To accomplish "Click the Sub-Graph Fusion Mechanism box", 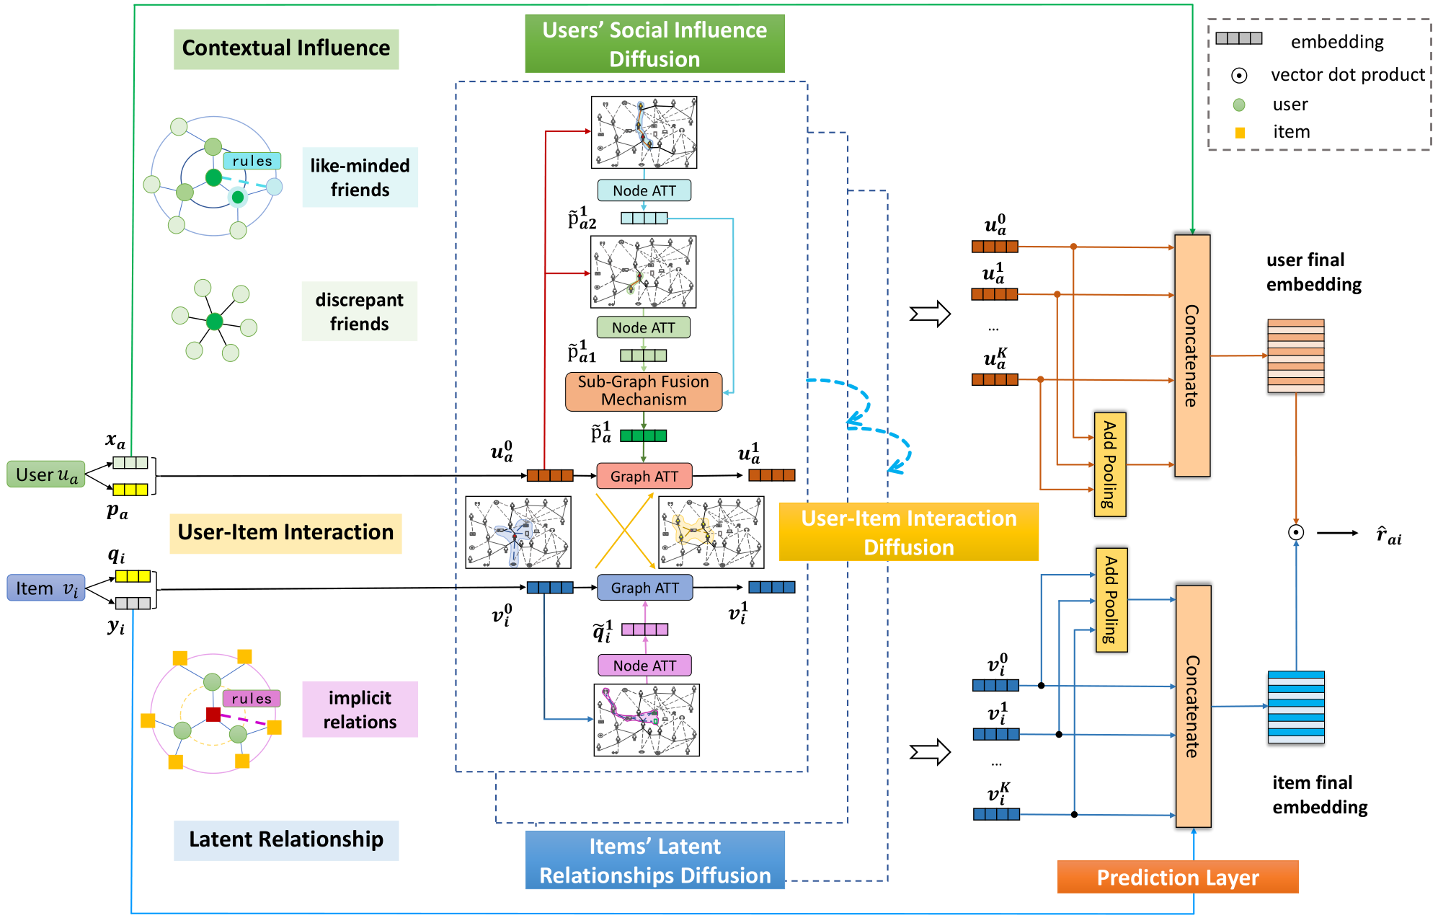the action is [644, 391].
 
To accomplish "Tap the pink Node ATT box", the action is [644, 665].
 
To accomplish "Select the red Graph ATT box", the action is [644, 476].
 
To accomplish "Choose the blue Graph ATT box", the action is [644, 588].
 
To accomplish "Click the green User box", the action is [46, 474].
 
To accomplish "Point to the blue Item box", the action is [46, 588].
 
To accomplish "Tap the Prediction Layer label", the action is [1178, 877].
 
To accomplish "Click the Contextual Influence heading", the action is [286, 49].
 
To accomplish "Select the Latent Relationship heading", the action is [286, 840].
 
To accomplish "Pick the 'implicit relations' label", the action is [360, 710].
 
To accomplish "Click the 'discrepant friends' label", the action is [360, 312].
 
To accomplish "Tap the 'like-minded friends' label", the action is [360, 177].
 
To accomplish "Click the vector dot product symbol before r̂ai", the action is [1296, 532].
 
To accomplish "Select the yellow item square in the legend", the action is [1240, 133].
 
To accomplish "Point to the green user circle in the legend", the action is [1239, 105].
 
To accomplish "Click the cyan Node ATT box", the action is [644, 190].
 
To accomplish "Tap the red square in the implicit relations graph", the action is [213, 715].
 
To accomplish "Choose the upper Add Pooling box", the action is [1110, 464].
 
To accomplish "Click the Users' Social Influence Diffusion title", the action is [654, 44].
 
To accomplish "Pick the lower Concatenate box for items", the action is [1194, 706].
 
